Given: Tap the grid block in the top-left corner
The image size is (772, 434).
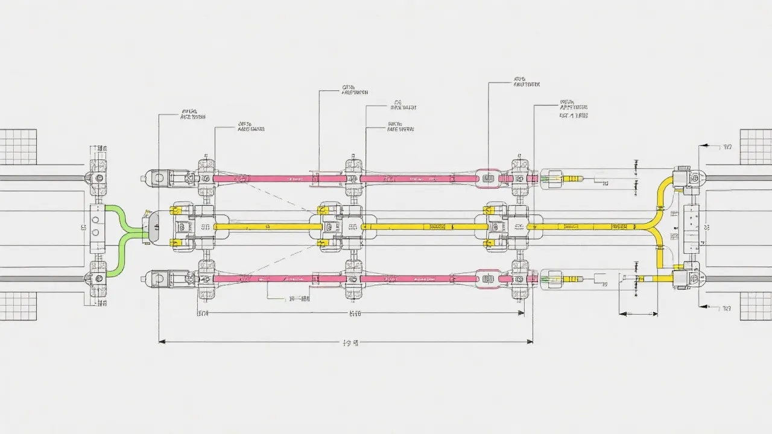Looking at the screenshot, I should click(x=18, y=147).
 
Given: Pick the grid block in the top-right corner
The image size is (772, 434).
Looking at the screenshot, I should click(x=755, y=147).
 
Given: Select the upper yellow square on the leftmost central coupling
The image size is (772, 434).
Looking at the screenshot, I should click(x=176, y=211).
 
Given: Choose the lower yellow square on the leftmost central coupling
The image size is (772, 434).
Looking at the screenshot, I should click(x=176, y=242).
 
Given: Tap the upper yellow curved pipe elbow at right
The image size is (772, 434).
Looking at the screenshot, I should click(x=662, y=187).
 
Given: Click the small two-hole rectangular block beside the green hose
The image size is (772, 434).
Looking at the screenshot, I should click(x=96, y=228).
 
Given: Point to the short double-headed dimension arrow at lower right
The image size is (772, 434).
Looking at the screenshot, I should click(x=639, y=314).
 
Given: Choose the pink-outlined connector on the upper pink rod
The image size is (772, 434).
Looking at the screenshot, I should click(x=488, y=178).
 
